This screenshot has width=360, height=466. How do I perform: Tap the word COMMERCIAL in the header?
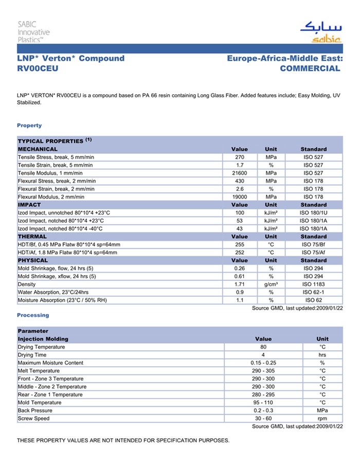click(x=310, y=68)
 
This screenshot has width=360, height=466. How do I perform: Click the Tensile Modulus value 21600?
click(x=240, y=173)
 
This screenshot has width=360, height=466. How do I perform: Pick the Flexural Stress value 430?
click(x=240, y=181)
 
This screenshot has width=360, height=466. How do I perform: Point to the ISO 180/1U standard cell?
click(x=314, y=212)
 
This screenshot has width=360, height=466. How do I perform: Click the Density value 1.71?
click(x=240, y=284)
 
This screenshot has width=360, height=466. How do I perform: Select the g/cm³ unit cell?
click(x=271, y=284)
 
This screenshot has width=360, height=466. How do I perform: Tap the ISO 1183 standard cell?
click(x=314, y=284)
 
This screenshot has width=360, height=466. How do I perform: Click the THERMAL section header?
click(x=32, y=237)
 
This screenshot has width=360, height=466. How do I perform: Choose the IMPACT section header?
click(x=29, y=205)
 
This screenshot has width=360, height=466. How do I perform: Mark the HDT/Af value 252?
click(x=240, y=253)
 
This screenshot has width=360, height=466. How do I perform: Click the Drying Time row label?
click(x=32, y=355)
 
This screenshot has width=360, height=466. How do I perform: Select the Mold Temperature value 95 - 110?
click(x=263, y=402)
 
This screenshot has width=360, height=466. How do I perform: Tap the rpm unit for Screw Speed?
click(x=322, y=418)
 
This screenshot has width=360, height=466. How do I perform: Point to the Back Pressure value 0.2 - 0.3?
click(x=263, y=410)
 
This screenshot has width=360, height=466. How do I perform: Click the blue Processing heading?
click(x=33, y=315)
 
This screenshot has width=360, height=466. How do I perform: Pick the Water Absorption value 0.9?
click(x=240, y=292)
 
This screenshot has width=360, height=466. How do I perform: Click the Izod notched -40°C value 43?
click(x=240, y=228)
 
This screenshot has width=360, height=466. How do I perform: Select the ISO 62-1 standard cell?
click(x=314, y=292)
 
